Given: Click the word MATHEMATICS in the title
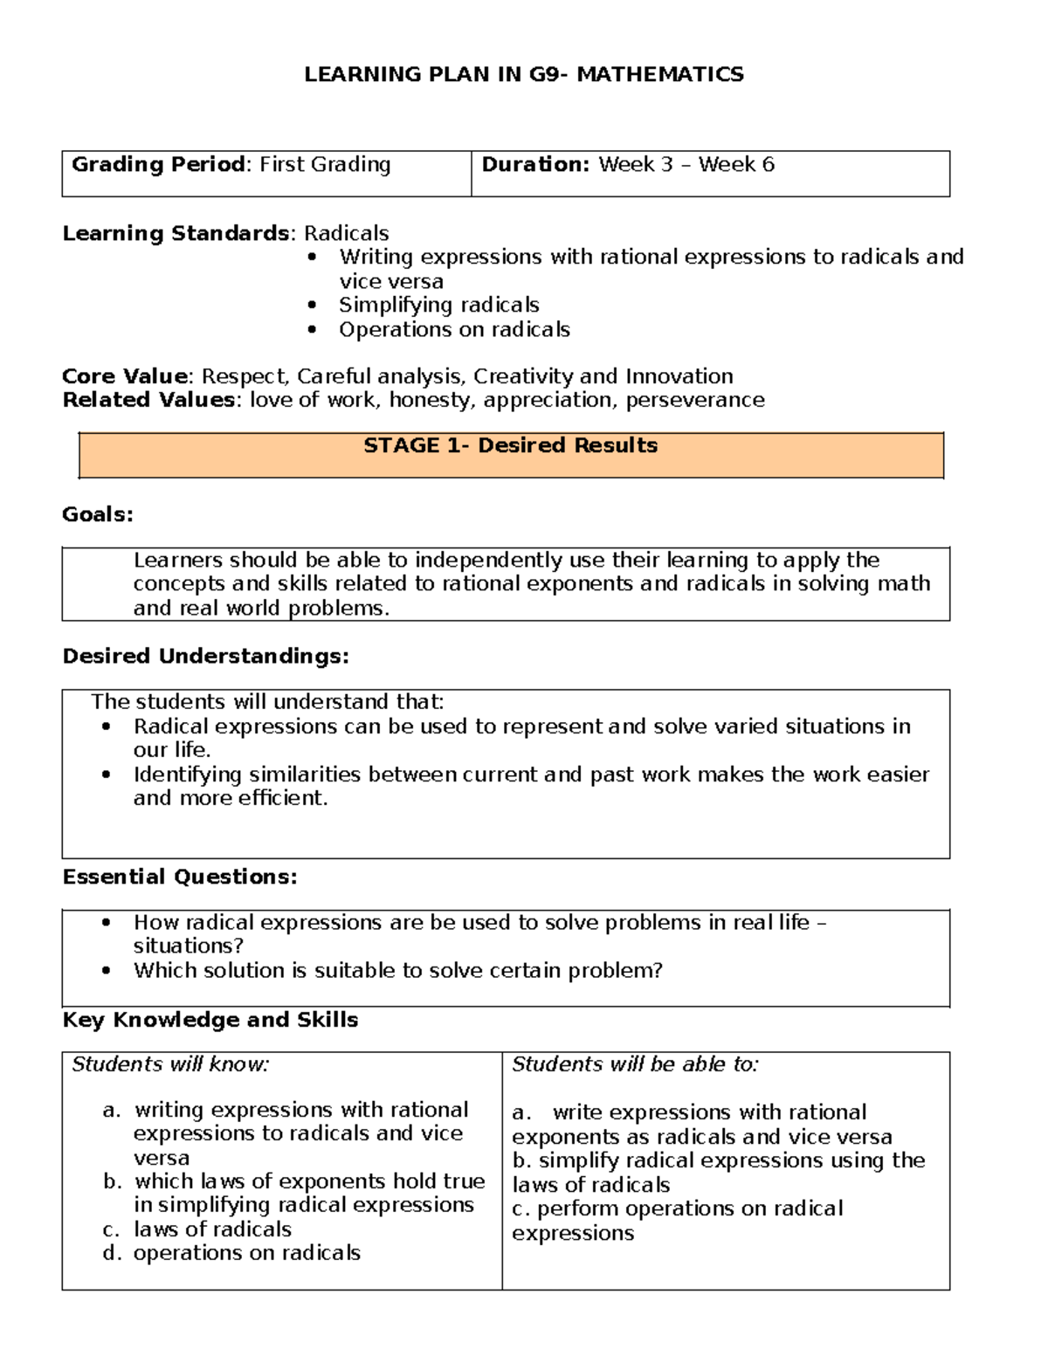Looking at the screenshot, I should pyautogui.click(x=660, y=74).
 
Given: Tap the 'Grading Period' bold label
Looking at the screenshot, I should pyautogui.click(x=158, y=164).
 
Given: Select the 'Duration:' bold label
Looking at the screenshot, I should pyautogui.click(x=535, y=164).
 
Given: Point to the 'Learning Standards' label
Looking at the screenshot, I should pyautogui.click(x=176, y=233).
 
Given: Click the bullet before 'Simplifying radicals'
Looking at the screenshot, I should pyautogui.click(x=313, y=305).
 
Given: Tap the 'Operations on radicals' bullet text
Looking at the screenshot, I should pyautogui.click(x=454, y=329).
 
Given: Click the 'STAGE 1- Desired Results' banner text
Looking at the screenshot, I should pyautogui.click(x=510, y=445).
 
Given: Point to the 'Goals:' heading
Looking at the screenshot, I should pyautogui.click(x=98, y=514).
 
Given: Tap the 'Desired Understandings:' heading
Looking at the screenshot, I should pyautogui.click(x=205, y=656).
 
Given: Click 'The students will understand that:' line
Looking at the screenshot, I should pyautogui.click(x=267, y=702).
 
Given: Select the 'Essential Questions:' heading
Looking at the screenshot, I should pyautogui.click(x=180, y=877).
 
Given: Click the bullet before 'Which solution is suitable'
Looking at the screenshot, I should pyautogui.click(x=107, y=970).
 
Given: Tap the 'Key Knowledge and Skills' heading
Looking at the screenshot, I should pyautogui.click(x=210, y=1020).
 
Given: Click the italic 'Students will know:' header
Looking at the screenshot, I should pyautogui.click(x=170, y=1064).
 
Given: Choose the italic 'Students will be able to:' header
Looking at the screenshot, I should pyautogui.click(x=635, y=1064).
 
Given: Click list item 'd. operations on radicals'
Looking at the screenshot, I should pyautogui.click(x=232, y=1253).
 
